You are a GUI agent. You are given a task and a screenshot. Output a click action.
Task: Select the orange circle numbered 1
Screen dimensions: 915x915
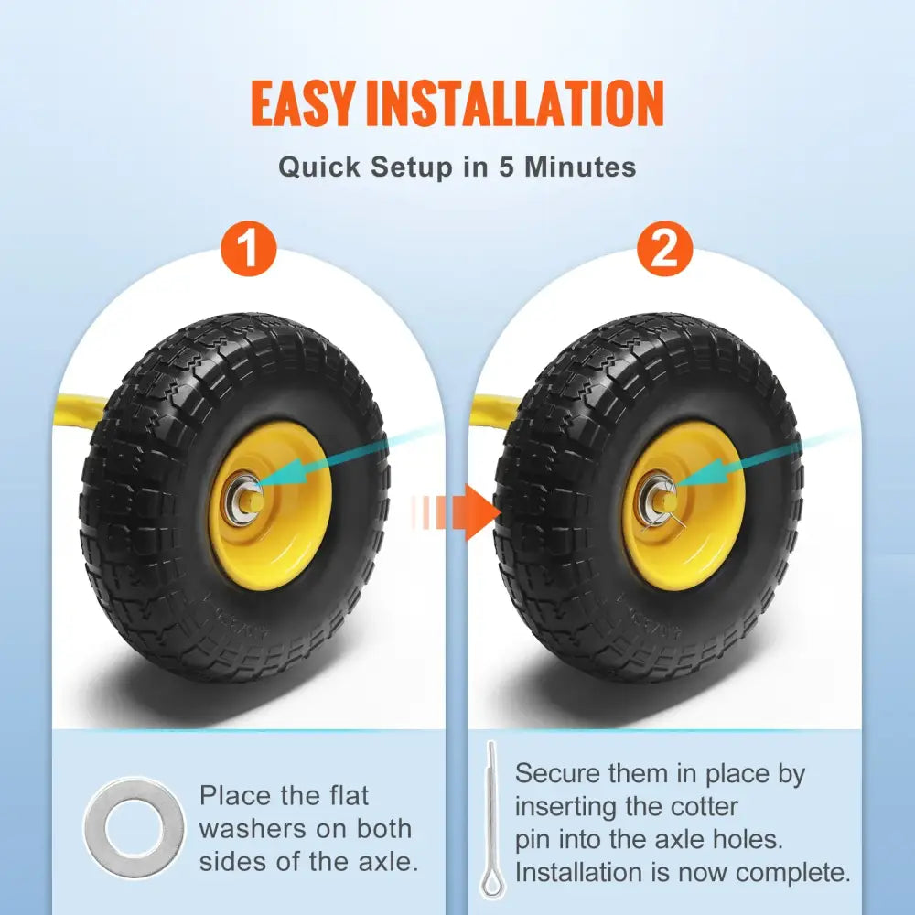(249, 249)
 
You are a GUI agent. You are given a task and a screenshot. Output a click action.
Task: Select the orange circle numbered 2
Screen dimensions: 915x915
(664, 249)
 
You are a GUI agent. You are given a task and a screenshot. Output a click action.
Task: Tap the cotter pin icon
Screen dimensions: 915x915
(490, 819)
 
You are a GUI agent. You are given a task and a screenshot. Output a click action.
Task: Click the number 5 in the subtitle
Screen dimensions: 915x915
(508, 167)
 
